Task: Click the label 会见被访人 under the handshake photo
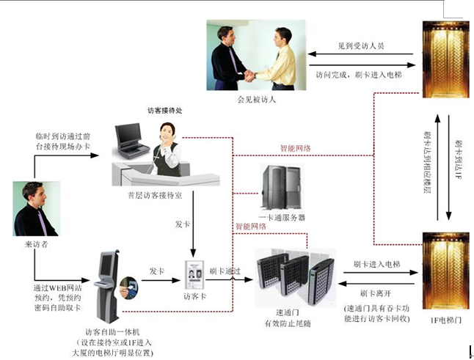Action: click(256, 98)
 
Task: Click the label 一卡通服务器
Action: click(282, 218)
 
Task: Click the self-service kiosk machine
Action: click(108, 287)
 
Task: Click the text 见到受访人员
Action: click(360, 45)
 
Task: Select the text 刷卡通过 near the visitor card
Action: click(225, 271)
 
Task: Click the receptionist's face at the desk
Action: click(168, 133)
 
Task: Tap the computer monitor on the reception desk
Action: click(128, 135)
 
